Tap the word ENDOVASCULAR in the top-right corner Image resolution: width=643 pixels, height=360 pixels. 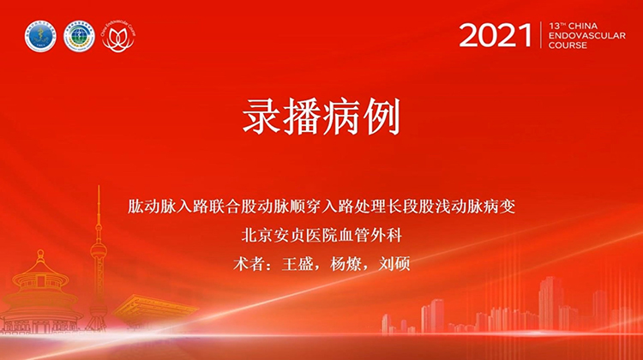click(x=582, y=36)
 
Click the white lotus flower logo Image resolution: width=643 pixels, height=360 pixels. click(x=119, y=37)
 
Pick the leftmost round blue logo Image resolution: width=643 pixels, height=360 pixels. click(x=40, y=37)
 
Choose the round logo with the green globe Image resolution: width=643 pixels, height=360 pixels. click(x=80, y=37)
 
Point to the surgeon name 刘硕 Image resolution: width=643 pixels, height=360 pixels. click(x=395, y=263)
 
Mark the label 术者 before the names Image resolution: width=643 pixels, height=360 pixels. click(x=249, y=263)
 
